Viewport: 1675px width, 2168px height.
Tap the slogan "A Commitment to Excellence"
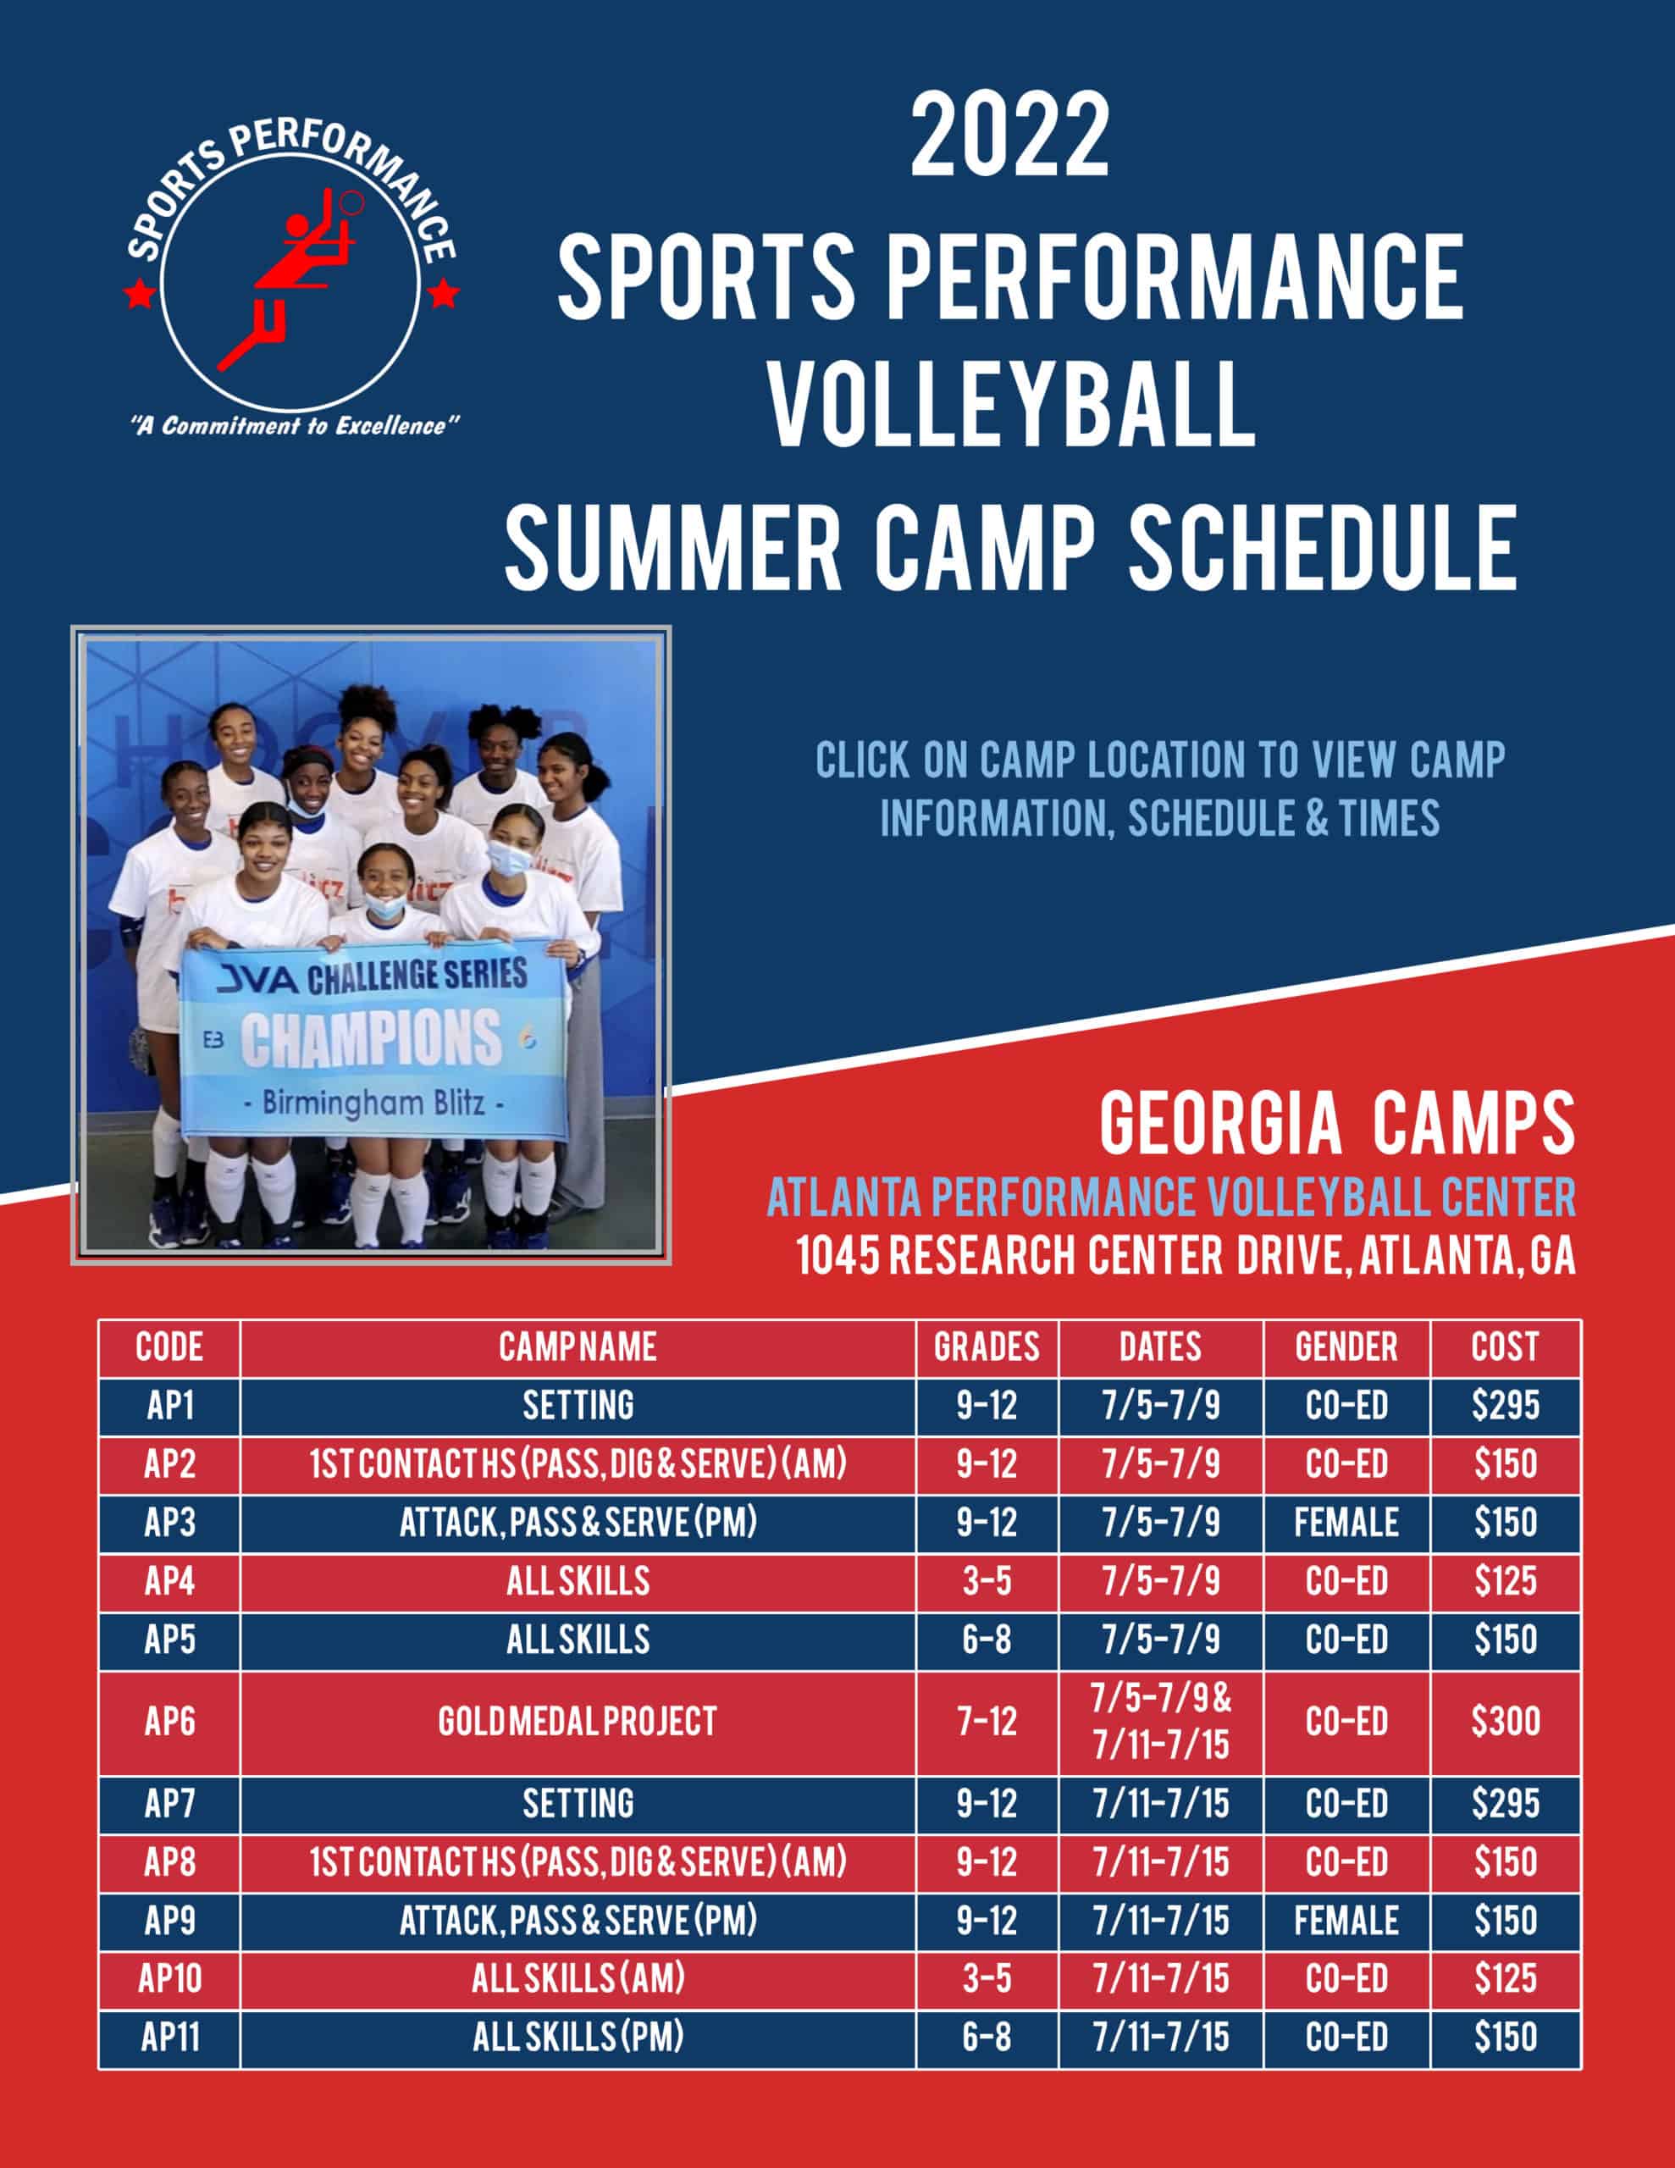click(x=295, y=426)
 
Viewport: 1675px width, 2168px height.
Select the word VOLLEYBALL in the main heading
click(x=1012, y=406)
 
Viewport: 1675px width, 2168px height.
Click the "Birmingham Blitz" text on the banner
click(x=374, y=1103)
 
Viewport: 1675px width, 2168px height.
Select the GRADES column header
click(x=986, y=1347)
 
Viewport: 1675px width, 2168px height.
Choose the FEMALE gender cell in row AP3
click(x=1346, y=1523)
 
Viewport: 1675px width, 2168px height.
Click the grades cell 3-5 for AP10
click(x=986, y=1978)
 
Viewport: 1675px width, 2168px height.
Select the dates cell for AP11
click(x=1161, y=2037)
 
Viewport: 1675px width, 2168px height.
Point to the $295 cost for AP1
click(x=1506, y=1405)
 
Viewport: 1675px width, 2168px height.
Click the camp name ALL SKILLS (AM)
click(x=578, y=1978)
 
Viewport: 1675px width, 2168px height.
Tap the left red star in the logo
click(x=139, y=294)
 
